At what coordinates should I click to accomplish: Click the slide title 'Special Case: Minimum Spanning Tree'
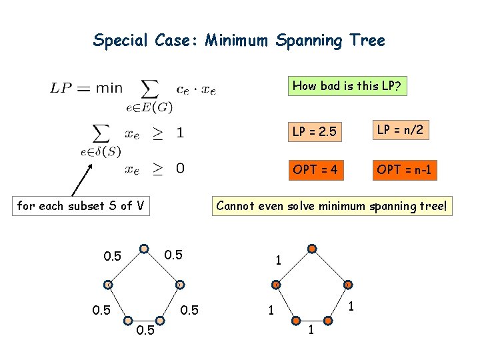tap(239, 41)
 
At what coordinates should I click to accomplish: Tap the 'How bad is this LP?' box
tap(347, 86)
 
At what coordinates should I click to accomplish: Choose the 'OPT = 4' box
tap(315, 170)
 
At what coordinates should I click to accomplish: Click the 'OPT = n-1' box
tap(403, 170)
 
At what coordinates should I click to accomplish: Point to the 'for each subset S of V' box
tap(81, 206)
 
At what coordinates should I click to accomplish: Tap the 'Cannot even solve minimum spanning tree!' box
tap(332, 206)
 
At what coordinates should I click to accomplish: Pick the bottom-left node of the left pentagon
tap(128, 320)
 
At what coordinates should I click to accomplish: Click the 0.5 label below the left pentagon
tap(145, 330)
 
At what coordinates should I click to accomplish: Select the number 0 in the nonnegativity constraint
tap(180, 169)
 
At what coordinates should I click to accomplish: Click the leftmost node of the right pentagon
tap(277, 285)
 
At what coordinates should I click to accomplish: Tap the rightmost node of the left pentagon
tap(179, 285)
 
